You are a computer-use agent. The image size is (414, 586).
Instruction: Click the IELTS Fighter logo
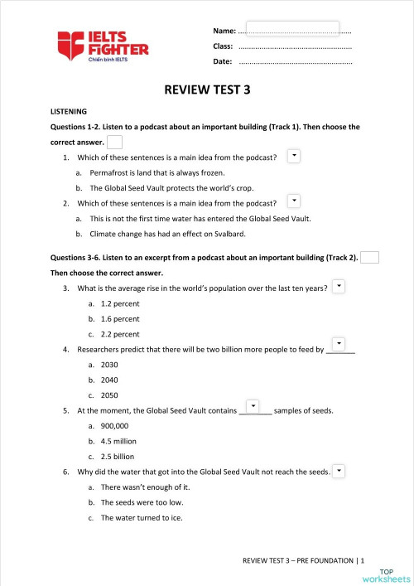tap(103, 46)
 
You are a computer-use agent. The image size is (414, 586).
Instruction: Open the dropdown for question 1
tap(293, 155)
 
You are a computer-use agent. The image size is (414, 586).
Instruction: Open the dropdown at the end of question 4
tap(339, 344)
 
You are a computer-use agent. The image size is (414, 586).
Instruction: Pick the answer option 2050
tap(110, 395)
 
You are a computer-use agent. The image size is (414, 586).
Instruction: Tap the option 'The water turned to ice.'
tap(142, 518)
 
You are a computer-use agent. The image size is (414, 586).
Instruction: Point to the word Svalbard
tap(229, 235)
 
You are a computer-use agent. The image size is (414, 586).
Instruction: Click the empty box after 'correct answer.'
tap(115, 142)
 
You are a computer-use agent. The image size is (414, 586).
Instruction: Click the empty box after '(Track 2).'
tap(370, 257)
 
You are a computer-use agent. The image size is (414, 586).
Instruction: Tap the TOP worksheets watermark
tap(393, 574)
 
